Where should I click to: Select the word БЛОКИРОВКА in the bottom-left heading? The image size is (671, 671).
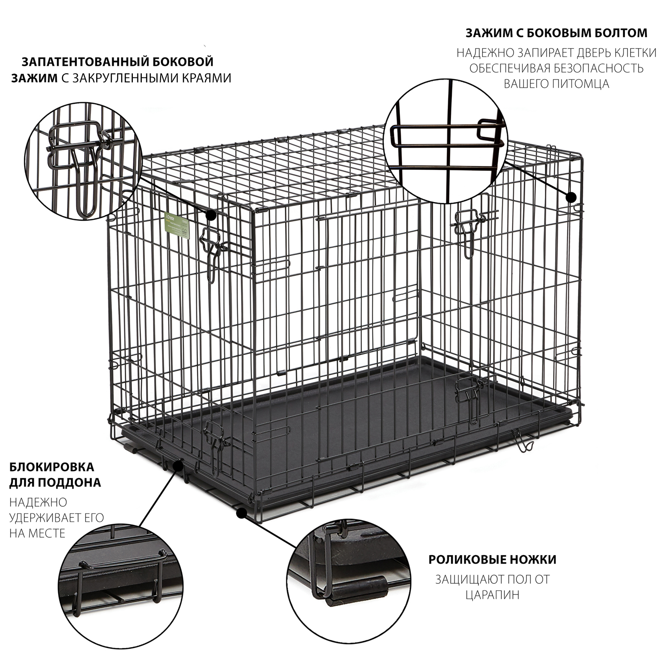point(52,467)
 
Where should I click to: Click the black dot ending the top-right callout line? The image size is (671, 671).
point(571,197)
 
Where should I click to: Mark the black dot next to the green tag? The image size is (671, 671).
point(211,215)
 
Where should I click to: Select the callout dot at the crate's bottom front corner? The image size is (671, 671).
point(241,513)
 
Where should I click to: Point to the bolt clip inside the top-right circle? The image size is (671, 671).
point(447,136)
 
